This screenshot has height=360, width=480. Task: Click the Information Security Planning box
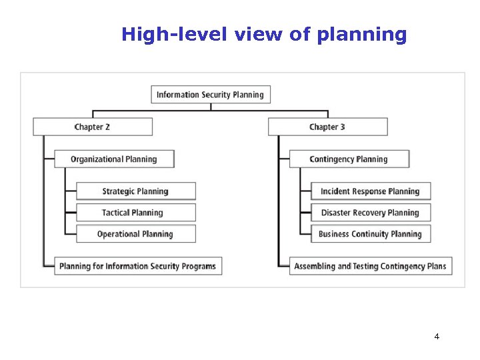[x=211, y=95]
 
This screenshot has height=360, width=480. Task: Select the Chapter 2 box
[x=93, y=127]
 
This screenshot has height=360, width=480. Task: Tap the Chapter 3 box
[x=327, y=127]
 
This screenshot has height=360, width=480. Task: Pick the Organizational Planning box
[x=114, y=159]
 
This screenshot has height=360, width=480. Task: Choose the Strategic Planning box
[x=135, y=191]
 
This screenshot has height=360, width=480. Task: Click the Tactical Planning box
[x=135, y=213]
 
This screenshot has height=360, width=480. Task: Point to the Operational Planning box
[x=135, y=234]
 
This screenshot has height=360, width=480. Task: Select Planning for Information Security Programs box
[x=138, y=266]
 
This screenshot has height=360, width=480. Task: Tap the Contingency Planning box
[x=349, y=159]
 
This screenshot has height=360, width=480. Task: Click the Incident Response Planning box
[x=371, y=191]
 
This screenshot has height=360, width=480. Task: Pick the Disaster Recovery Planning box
[x=371, y=213]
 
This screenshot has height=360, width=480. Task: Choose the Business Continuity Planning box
[x=371, y=234]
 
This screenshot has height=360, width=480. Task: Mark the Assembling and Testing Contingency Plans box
[x=371, y=266]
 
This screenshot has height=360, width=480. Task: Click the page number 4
[x=437, y=337]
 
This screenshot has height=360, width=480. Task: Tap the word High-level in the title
[x=175, y=35]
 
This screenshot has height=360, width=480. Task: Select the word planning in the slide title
[x=361, y=35]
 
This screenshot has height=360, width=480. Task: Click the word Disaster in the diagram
[x=336, y=213]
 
